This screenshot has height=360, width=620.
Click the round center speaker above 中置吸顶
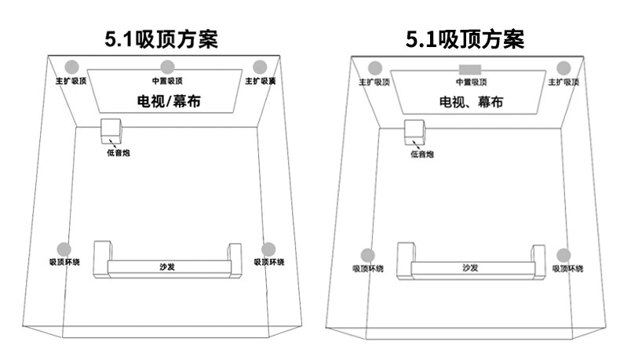point(166,67)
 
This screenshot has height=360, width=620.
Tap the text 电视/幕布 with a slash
point(166,101)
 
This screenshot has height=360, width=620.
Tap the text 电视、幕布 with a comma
point(471,101)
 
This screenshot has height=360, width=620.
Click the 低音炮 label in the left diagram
point(118,153)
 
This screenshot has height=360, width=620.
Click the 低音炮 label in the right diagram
point(422,155)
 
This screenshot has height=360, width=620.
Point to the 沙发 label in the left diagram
point(166,267)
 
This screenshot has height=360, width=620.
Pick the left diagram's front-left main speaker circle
point(71,67)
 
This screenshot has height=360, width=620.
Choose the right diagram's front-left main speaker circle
point(375,68)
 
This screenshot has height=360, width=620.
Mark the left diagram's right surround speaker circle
point(269,248)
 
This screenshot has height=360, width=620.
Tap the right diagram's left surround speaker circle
point(367,255)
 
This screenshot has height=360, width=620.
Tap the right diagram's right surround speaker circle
point(563,255)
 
